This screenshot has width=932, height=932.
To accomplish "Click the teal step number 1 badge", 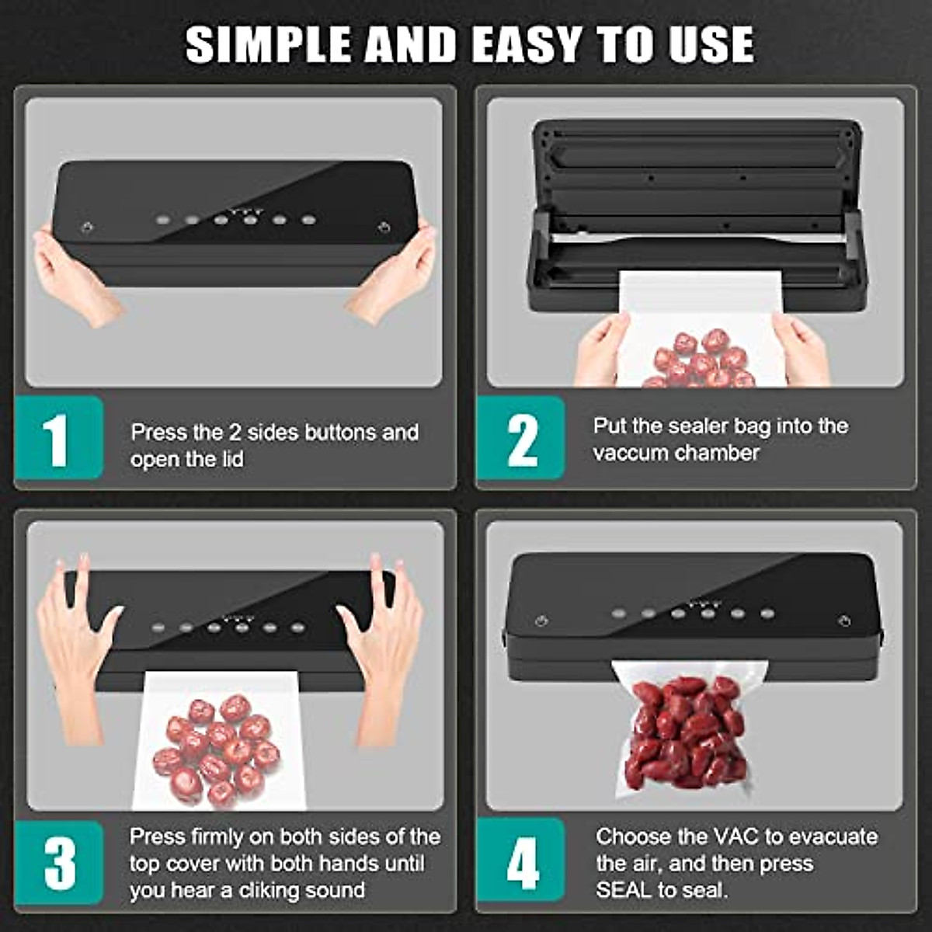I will coord(58,438).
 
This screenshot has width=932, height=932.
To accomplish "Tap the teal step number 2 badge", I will coord(520,438).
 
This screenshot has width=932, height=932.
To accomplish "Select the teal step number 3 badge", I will coord(59,862).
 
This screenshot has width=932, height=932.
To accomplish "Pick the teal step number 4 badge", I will coord(521,863).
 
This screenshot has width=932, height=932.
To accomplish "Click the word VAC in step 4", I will coord(736,836).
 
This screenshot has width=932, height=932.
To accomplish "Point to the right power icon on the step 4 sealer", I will coord(844,621).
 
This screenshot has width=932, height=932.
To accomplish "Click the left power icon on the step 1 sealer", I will coord(87,228).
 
